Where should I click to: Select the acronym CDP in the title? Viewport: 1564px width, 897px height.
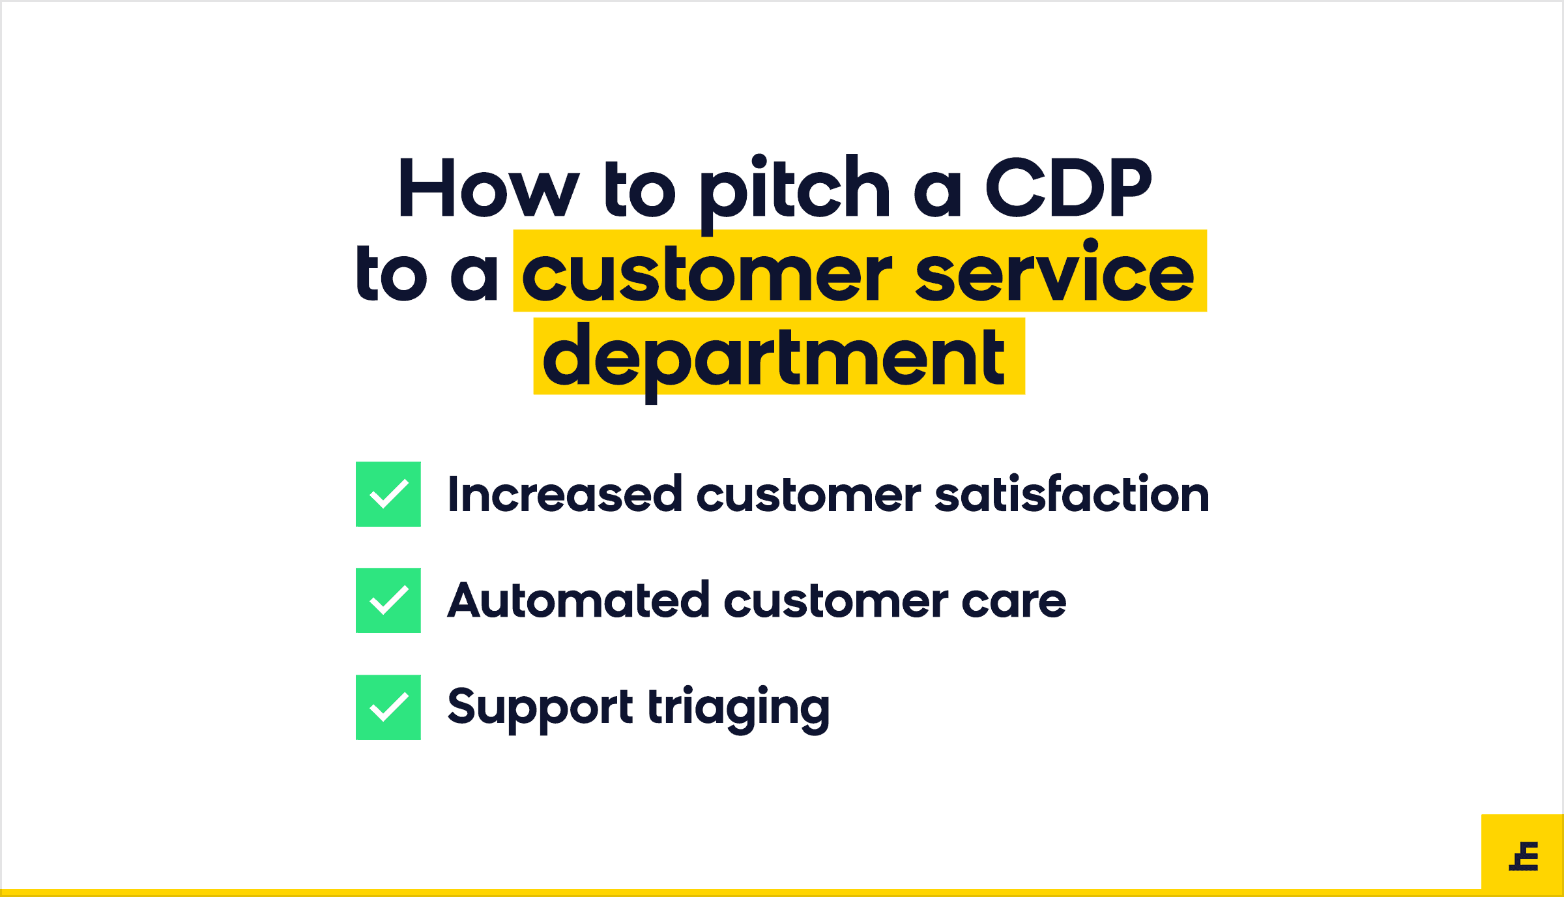[x=1069, y=188]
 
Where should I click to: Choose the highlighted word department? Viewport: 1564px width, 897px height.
[x=774, y=362]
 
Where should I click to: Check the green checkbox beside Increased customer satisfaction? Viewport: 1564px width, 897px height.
[x=388, y=494]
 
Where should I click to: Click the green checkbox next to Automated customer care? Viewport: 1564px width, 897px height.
[x=388, y=600]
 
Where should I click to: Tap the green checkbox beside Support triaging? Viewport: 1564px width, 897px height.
[x=388, y=707]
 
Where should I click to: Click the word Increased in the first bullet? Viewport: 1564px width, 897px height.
[x=565, y=494]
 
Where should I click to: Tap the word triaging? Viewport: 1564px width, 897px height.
[x=739, y=709]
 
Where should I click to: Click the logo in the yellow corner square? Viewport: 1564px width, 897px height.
[x=1524, y=856]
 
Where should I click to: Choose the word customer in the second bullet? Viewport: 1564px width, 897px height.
[x=837, y=603]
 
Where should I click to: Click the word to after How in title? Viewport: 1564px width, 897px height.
[x=640, y=190]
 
